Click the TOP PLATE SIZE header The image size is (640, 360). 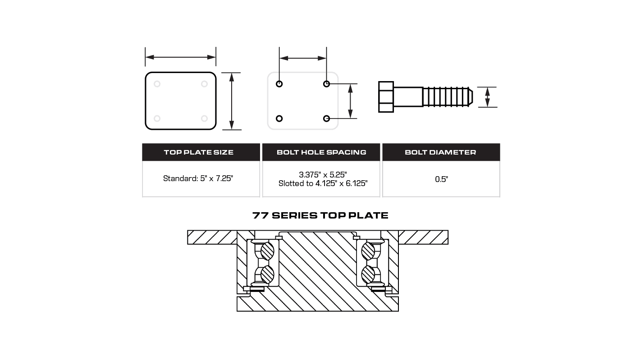199,152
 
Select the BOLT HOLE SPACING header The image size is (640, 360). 321,152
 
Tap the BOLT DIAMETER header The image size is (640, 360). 441,152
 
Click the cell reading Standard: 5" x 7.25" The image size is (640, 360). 198,178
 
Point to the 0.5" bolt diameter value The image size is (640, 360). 441,179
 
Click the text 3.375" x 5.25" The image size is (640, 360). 323,174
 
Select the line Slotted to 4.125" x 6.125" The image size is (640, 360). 323,183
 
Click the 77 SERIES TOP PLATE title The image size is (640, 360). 320,215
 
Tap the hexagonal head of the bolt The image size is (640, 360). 386,97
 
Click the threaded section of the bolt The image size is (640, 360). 448,97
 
